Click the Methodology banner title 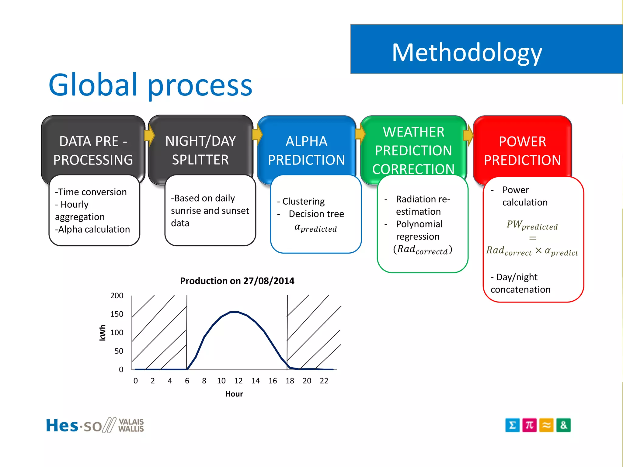(467, 53)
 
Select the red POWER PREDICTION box (522, 150)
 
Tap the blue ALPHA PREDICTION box (306, 150)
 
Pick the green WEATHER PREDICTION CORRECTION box (413, 150)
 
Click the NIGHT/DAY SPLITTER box (200, 150)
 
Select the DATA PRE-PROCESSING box (93, 150)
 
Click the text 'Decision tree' (316, 214)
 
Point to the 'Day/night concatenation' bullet (520, 283)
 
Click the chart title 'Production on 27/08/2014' (237, 281)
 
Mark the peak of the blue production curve (235, 312)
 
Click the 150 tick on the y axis (117, 314)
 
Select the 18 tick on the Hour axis (290, 381)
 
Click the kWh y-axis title (103, 333)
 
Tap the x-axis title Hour (234, 394)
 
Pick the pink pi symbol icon (529, 425)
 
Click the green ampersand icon (563, 425)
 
